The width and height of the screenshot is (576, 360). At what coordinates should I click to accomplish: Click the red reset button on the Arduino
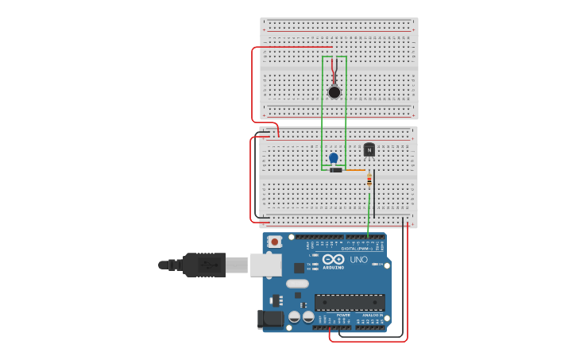[274, 241]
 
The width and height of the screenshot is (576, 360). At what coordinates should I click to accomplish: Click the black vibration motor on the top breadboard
[334, 92]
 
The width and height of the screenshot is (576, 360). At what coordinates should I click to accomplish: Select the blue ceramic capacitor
[334, 157]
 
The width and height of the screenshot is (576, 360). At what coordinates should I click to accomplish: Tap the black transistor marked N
[369, 149]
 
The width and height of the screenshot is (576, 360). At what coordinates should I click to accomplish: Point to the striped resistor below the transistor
[369, 180]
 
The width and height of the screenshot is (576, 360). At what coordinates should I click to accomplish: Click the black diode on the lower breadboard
[336, 170]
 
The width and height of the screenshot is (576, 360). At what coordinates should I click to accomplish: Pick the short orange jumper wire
[354, 170]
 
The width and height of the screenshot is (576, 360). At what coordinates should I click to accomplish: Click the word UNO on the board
[359, 259]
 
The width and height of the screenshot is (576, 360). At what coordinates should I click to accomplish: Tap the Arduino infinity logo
[334, 259]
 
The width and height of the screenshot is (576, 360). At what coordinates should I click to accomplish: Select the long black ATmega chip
[350, 302]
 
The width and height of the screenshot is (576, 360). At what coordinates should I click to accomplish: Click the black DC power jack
[269, 319]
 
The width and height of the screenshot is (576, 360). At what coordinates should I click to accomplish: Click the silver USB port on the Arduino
[265, 265]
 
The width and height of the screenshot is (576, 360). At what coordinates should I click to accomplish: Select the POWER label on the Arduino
[344, 315]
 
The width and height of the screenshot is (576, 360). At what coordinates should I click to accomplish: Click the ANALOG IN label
[373, 315]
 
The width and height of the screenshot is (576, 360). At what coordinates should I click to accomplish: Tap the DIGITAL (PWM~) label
[355, 249]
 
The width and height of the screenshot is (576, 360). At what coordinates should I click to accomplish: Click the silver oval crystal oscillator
[297, 284]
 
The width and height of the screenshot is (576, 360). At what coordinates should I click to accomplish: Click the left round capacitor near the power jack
[294, 316]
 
